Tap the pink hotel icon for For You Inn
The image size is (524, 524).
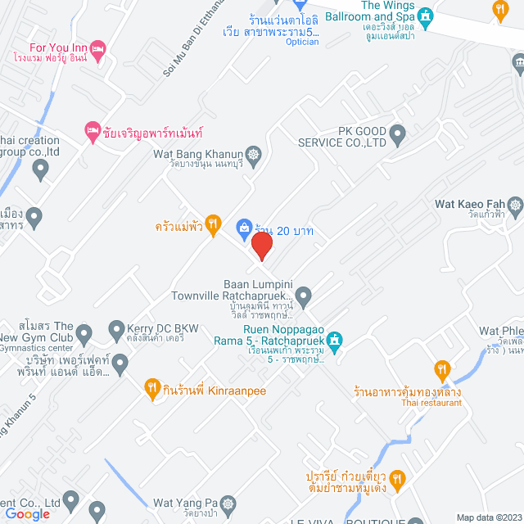(x=97, y=51)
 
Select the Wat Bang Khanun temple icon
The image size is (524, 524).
(x=254, y=154)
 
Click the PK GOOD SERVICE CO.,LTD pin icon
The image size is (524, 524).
(x=397, y=133)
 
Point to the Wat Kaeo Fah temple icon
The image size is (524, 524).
(x=515, y=205)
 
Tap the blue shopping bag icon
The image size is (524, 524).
(x=243, y=226)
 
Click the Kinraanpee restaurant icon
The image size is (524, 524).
(x=151, y=388)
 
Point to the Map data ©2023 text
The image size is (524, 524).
(x=489, y=517)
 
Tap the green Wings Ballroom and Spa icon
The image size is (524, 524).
(x=425, y=16)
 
